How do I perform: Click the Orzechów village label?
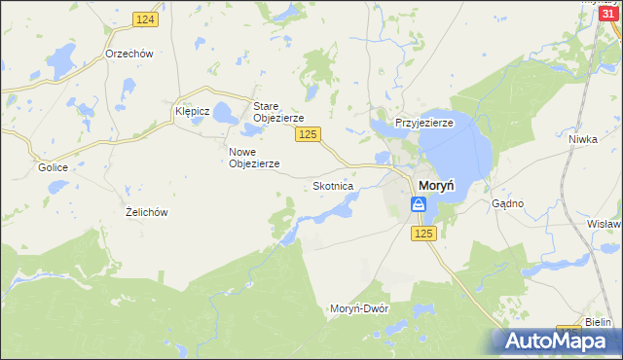pyautogui.click(x=130, y=54)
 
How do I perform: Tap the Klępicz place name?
pyautogui.click(x=193, y=111)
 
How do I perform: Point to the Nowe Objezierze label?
pyautogui.click(x=254, y=158)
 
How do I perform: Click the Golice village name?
pyautogui.click(x=53, y=167)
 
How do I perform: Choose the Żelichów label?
pyautogui.click(x=148, y=211)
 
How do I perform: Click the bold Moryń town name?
pyautogui.click(x=439, y=185)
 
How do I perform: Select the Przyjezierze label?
pyautogui.click(x=423, y=124)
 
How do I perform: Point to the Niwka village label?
pyautogui.click(x=582, y=139)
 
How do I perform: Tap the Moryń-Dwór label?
pyautogui.click(x=359, y=307)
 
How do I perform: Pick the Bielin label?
pyautogui.click(x=598, y=322)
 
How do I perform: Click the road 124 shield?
pyautogui.click(x=145, y=20)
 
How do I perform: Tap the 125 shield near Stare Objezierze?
pyautogui.click(x=309, y=133)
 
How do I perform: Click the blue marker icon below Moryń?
pyautogui.click(x=418, y=204)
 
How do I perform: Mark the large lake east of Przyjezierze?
pyautogui.click(x=458, y=151)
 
